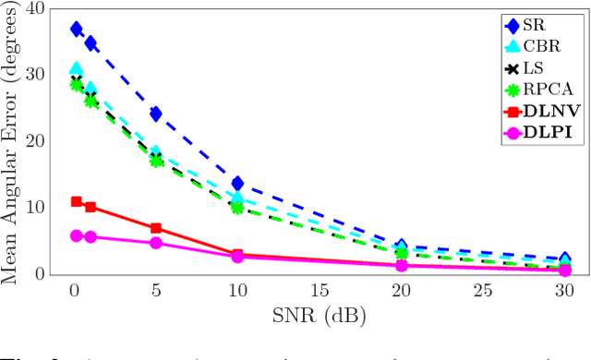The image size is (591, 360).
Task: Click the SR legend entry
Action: [x=536, y=24]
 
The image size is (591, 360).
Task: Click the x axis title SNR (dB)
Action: [x=319, y=317]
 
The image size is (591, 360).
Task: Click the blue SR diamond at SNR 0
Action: [x=76, y=30]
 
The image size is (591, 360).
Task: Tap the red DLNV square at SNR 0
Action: [x=77, y=201]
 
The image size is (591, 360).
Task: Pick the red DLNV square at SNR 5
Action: [x=156, y=228]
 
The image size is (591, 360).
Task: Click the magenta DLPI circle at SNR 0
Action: [x=77, y=235]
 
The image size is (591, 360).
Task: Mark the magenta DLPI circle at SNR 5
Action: [x=156, y=243]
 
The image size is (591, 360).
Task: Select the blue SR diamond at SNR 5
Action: [x=156, y=114]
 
